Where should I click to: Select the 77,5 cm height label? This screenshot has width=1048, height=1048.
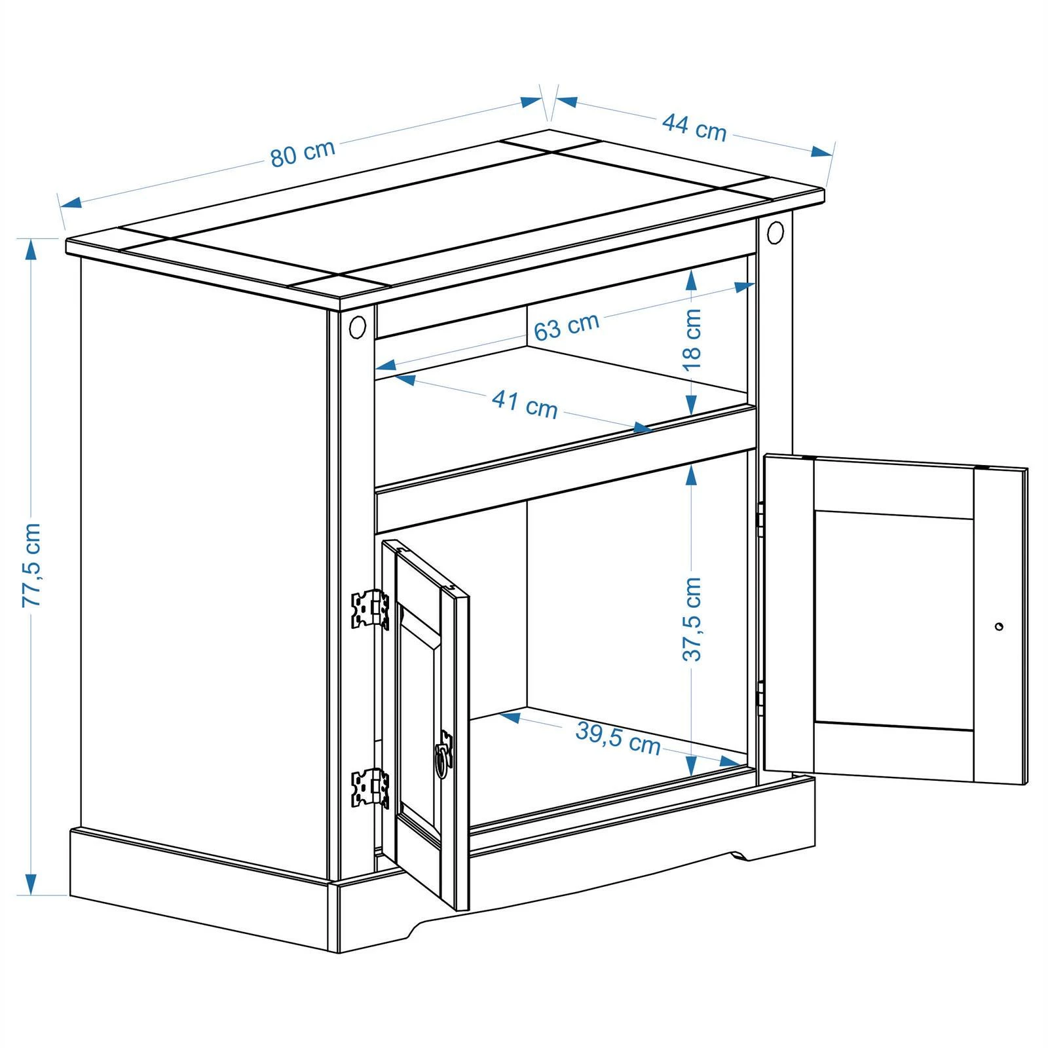click(31, 565)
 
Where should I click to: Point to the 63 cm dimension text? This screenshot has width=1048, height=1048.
click(567, 327)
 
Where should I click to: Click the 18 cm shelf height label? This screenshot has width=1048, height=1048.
click(692, 339)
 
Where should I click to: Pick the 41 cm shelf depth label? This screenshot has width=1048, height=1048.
click(525, 403)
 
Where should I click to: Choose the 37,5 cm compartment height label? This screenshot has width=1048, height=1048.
click(692, 619)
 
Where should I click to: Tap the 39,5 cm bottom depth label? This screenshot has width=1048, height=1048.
click(618, 738)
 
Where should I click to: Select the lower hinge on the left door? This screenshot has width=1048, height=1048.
click(370, 787)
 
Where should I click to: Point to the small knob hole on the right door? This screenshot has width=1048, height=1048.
click(998, 627)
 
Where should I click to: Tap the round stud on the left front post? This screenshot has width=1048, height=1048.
click(358, 326)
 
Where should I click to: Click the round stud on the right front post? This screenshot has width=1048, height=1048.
click(775, 232)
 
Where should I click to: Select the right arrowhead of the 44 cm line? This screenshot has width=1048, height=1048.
click(821, 151)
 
